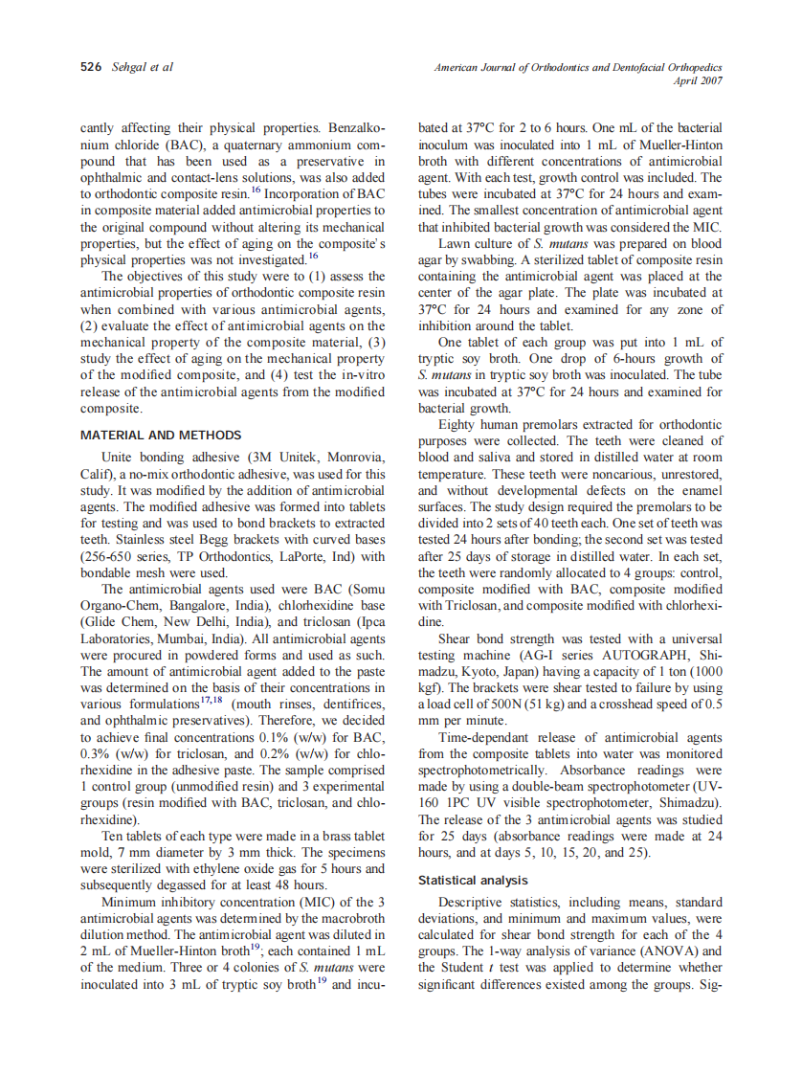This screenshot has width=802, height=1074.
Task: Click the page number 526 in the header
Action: [x=91, y=67]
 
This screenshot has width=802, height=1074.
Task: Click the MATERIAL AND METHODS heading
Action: [x=161, y=436]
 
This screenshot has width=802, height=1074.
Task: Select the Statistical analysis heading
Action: [x=473, y=880]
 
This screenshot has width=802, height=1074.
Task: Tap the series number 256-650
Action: [x=109, y=557]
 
